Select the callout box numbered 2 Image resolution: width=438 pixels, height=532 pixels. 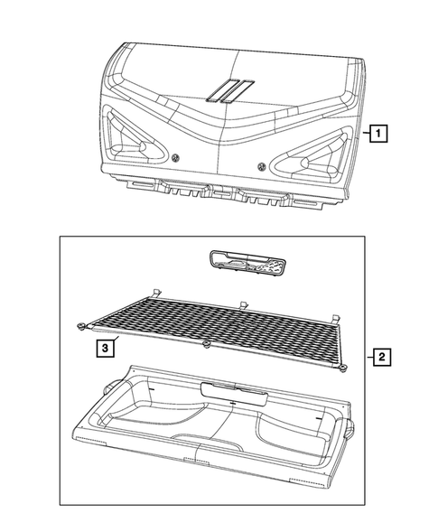(382, 358)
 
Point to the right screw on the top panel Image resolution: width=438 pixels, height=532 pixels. (262, 164)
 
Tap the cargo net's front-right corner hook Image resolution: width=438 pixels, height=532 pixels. (344, 367)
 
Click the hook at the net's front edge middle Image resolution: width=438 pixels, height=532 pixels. (207, 345)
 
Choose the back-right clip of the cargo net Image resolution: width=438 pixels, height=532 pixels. (336, 316)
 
